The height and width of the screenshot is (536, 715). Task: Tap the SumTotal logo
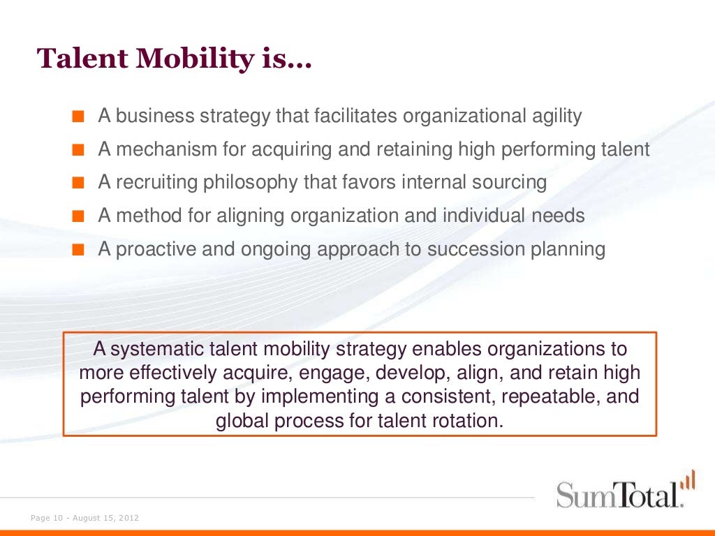[618, 493]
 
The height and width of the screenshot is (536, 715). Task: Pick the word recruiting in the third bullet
[156, 182]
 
